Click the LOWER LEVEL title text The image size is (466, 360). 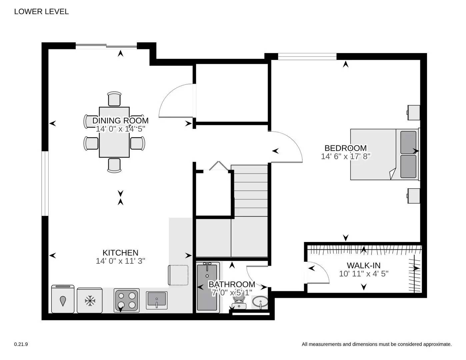[41, 12]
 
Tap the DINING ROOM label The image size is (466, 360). [120, 120]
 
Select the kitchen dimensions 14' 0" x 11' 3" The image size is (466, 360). [120, 261]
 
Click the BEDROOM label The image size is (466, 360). [345, 148]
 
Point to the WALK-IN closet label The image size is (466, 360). [363, 266]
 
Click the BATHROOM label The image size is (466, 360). [232, 284]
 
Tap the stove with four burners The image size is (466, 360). [127, 300]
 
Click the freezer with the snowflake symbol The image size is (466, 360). [90, 300]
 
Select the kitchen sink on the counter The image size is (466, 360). [157, 300]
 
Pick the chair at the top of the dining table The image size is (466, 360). [114, 99]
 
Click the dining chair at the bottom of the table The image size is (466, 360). [114, 165]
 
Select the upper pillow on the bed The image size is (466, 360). [408, 142]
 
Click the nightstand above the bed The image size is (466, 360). [413, 112]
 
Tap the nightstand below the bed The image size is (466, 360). [413, 195]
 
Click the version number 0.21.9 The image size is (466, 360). [21, 344]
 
